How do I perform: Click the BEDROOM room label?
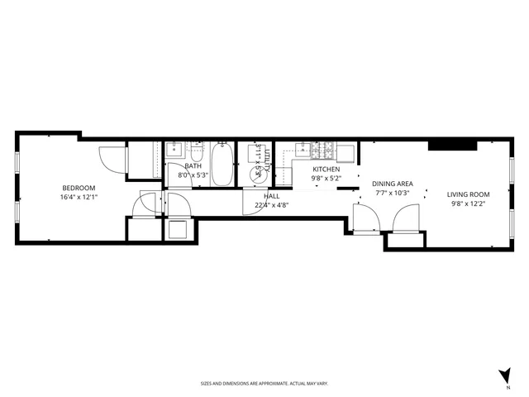pos(78,188)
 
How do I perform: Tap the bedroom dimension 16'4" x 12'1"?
pos(78,198)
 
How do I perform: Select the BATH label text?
pos(193,166)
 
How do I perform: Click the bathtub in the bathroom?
pos(222,164)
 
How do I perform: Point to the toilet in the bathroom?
pos(197,154)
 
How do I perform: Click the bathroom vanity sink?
pos(174,153)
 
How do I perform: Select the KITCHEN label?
pos(326,168)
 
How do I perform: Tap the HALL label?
pos(271,196)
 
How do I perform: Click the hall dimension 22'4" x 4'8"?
pos(271,206)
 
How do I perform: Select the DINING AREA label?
pos(393,184)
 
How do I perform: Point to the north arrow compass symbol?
pos(504,376)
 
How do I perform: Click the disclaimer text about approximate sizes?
pos(264,384)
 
